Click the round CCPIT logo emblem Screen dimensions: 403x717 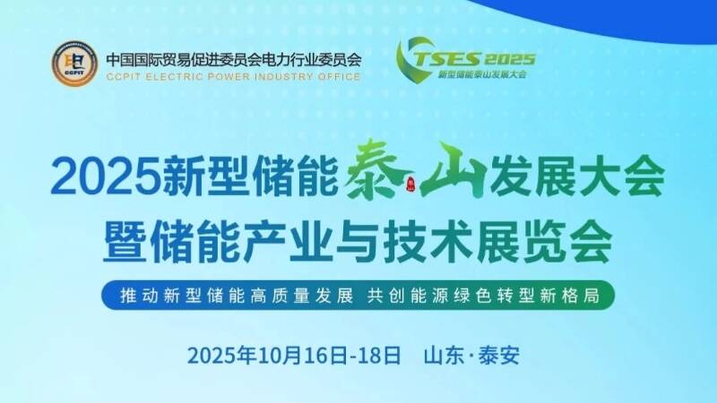pos(73,64)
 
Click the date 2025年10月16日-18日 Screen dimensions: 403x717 pos(295,354)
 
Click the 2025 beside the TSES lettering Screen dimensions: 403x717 pos(507,59)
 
